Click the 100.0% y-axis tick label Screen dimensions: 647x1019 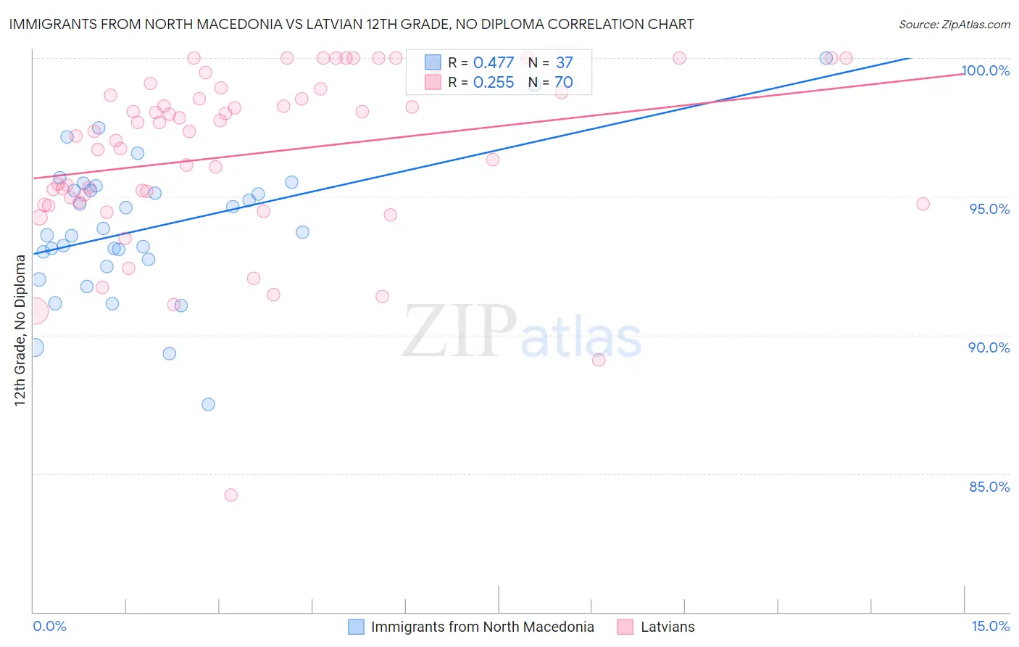(x=986, y=70)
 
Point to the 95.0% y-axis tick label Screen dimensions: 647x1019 (x=989, y=209)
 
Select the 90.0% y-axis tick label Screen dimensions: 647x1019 (x=989, y=347)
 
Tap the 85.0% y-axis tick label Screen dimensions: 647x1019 (x=989, y=487)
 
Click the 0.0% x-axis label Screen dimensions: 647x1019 (x=49, y=627)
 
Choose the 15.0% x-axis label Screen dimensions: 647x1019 (x=990, y=627)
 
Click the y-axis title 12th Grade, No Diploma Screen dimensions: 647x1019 (x=20, y=330)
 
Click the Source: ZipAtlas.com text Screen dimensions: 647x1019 (x=954, y=24)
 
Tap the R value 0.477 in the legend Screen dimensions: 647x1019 (x=493, y=63)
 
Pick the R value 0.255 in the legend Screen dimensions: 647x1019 (x=493, y=83)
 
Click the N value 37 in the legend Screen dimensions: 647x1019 (x=564, y=63)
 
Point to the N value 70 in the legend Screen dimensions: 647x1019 (x=563, y=83)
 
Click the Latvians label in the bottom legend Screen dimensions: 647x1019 (x=667, y=627)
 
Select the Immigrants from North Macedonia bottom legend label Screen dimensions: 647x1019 (x=482, y=627)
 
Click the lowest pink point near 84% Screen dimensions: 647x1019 (x=231, y=495)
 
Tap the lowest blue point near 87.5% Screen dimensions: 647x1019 (x=209, y=405)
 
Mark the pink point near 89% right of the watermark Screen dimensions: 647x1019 (x=599, y=360)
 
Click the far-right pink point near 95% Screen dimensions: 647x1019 (x=923, y=204)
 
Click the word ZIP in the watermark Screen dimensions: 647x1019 (x=459, y=331)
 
